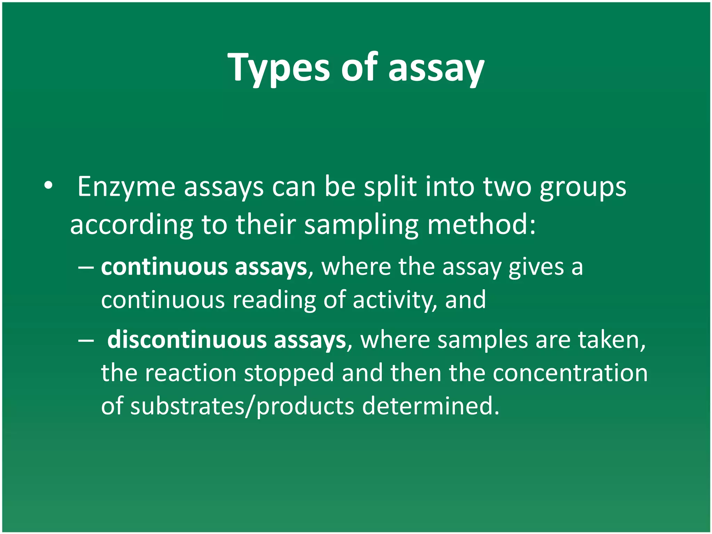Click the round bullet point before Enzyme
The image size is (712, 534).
point(48,185)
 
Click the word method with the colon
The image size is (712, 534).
point(482,225)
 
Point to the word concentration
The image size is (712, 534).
point(570,373)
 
